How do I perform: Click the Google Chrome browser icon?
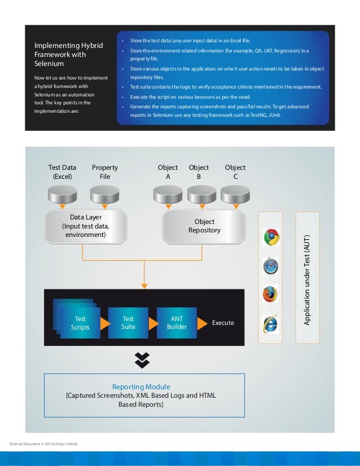[x=271, y=238]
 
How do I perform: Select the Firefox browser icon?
[x=271, y=294]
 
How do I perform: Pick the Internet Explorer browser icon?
[x=271, y=323]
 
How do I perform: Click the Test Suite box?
[x=128, y=323]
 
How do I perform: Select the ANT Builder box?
[x=177, y=323]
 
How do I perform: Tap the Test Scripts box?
[x=80, y=323]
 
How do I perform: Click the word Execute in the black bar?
[x=223, y=323]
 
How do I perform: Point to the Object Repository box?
[x=204, y=226]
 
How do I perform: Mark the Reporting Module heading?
[x=141, y=387]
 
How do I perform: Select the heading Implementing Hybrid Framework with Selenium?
[x=69, y=55]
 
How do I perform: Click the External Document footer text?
[x=43, y=445]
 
